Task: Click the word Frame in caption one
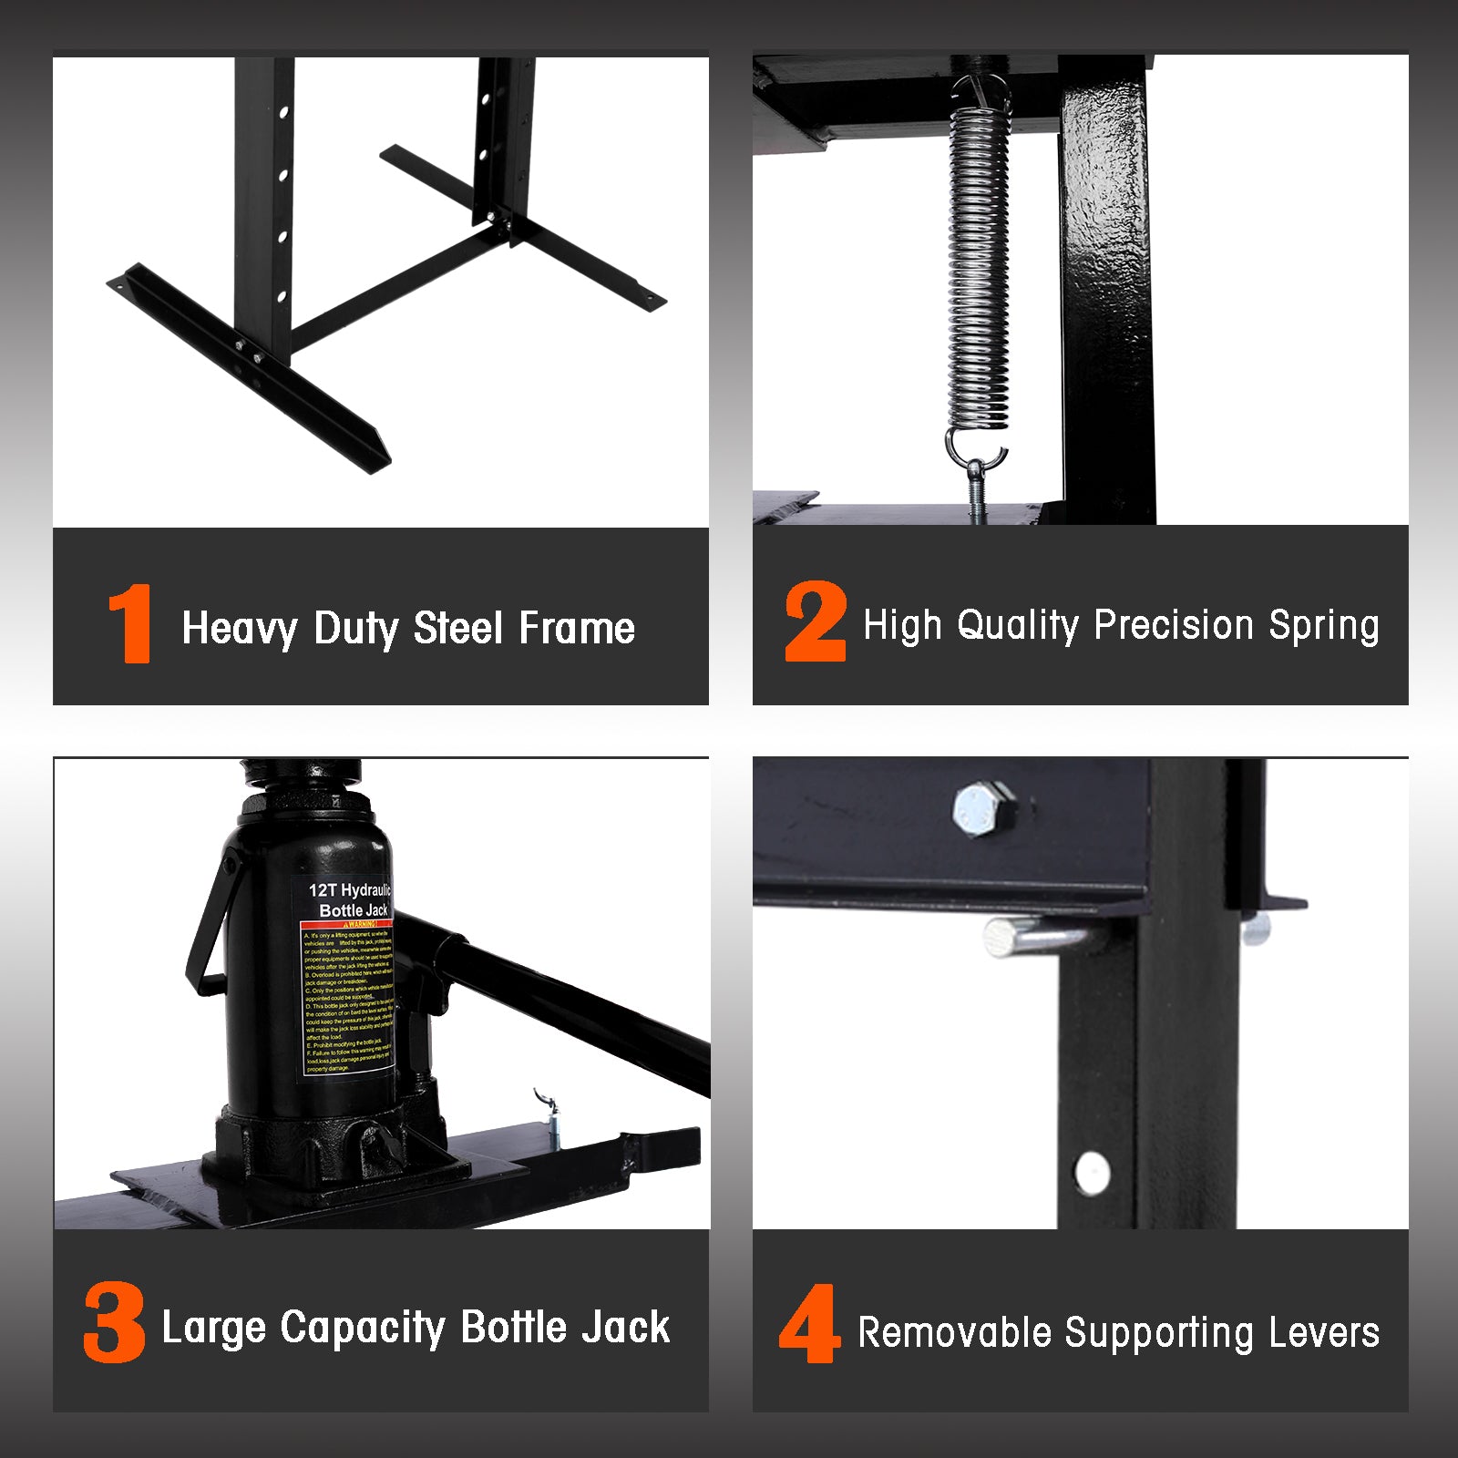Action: (x=577, y=629)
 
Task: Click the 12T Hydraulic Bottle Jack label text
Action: (x=351, y=899)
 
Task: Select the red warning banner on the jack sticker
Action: (x=346, y=924)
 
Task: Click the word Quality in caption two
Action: (x=1018, y=626)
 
